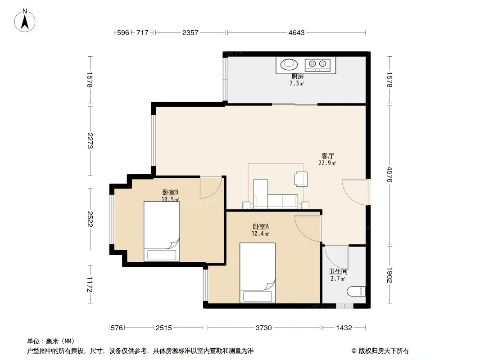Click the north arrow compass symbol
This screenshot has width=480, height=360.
(x=25, y=21)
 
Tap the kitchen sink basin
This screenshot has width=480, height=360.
(x=289, y=64)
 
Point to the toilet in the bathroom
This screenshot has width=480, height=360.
(x=356, y=291)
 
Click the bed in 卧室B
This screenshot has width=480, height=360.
(x=162, y=231)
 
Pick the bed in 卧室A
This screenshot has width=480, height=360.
(x=258, y=273)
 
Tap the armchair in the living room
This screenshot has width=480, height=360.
(x=301, y=179)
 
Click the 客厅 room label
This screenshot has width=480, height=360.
(x=327, y=156)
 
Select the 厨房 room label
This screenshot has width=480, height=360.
(x=297, y=76)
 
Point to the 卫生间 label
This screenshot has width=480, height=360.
(x=338, y=272)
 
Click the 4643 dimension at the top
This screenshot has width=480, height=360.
(x=297, y=32)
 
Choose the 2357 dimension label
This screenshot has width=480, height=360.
(x=190, y=32)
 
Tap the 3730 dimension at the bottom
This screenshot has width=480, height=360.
(x=263, y=328)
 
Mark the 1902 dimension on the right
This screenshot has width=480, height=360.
(x=389, y=275)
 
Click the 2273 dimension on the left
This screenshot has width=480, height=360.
(x=90, y=141)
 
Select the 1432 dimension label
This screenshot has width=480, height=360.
(x=344, y=328)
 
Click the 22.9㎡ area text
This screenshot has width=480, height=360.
(x=327, y=163)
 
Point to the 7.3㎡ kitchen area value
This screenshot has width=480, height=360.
(x=297, y=83)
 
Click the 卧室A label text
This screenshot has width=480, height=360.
(x=261, y=227)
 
